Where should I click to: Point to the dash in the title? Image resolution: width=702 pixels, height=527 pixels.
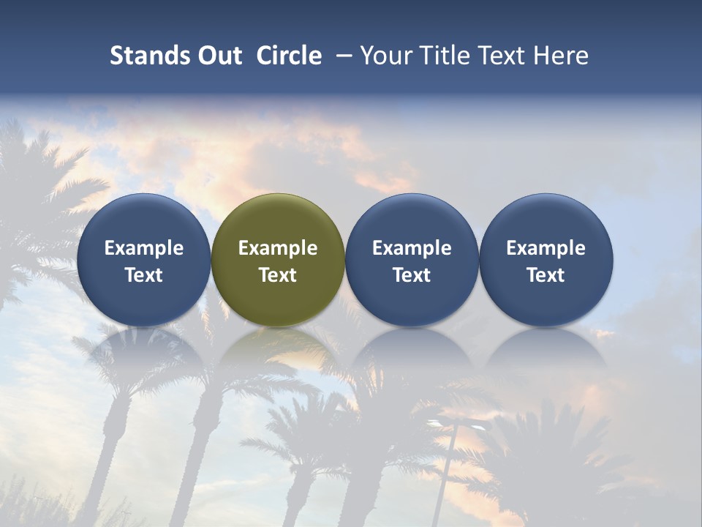[344, 56]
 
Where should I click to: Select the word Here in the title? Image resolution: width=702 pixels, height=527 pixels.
[562, 56]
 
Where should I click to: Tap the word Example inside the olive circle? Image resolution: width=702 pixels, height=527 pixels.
[278, 248]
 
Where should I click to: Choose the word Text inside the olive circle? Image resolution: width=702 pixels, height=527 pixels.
[278, 275]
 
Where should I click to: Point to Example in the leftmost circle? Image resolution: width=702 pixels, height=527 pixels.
[144, 248]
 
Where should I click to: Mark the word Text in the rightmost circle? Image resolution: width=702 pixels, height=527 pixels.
[546, 275]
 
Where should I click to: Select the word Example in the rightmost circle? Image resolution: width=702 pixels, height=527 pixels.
[546, 248]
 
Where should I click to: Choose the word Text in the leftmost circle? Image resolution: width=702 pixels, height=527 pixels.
[144, 275]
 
